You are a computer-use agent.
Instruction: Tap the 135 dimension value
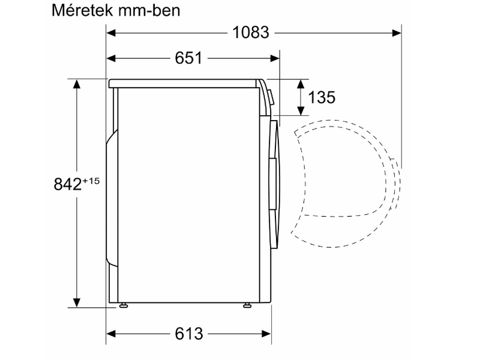322,98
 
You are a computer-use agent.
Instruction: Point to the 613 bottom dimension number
190,333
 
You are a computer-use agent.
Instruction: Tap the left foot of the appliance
124,305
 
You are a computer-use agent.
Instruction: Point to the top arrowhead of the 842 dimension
77,84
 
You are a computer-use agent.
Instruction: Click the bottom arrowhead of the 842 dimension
77,302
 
